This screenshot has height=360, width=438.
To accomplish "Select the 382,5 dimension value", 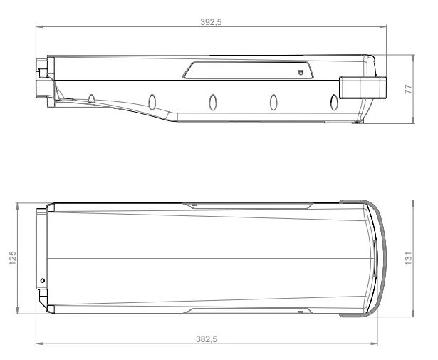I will (x=207, y=339).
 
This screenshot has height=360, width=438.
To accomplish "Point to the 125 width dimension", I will (x=11, y=257).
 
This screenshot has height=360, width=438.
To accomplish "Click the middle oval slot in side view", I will (x=212, y=101).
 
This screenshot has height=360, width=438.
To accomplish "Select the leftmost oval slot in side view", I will (x=92, y=98).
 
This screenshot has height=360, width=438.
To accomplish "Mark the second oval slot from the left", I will (x=152, y=100).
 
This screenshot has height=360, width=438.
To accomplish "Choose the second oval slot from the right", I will (x=272, y=102).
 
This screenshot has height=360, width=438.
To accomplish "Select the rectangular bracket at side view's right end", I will (x=360, y=88).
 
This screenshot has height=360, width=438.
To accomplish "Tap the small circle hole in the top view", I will (x=43, y=281).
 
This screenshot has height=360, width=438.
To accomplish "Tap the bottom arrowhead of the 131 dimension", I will (x=414, y=314).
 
